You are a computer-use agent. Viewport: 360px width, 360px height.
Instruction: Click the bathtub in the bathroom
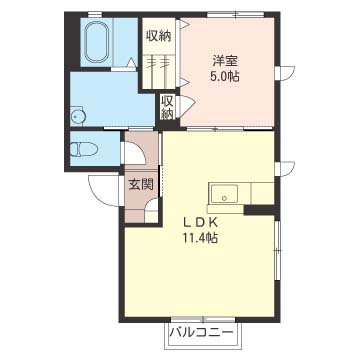coord(96,42)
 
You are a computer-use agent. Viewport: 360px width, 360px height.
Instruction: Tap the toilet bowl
coord(84,149)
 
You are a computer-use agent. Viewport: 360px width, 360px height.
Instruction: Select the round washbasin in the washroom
coord(78,117)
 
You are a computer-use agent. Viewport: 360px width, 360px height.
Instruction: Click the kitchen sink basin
coord(224,194)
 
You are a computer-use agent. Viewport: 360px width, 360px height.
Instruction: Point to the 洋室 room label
coord(225,62)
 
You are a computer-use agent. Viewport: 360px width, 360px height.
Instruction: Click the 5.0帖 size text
coord(225,77)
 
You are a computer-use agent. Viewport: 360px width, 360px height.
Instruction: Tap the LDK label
coord(199,222)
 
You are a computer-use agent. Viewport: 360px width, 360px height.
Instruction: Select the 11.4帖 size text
coord(199,238)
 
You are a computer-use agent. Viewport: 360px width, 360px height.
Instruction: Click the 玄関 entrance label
coord(141,184)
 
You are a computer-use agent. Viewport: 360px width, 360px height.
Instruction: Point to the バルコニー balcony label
coord(202,333)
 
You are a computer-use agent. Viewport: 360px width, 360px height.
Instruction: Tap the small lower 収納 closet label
coord(167,107)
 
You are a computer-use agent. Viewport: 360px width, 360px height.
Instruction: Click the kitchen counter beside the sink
coord(263,193)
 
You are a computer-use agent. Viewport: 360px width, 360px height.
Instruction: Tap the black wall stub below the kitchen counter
coord(260,210)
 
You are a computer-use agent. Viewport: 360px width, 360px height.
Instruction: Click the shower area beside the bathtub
coord(125,42)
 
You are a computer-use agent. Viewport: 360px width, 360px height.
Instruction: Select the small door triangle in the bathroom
coord(132,62)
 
